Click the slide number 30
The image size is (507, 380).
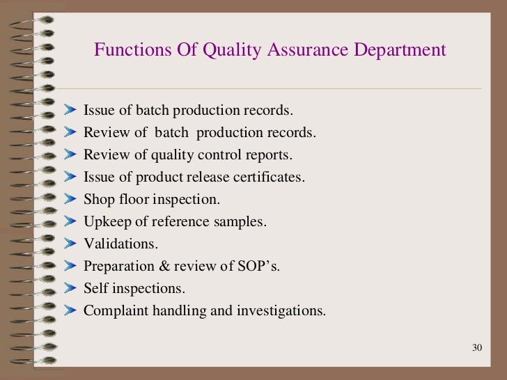point(477,348)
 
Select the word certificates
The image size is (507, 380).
point(268,177)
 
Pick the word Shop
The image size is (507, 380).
point(99,199)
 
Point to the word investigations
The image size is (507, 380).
point(282,310)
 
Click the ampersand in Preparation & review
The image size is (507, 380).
point(158,266)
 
